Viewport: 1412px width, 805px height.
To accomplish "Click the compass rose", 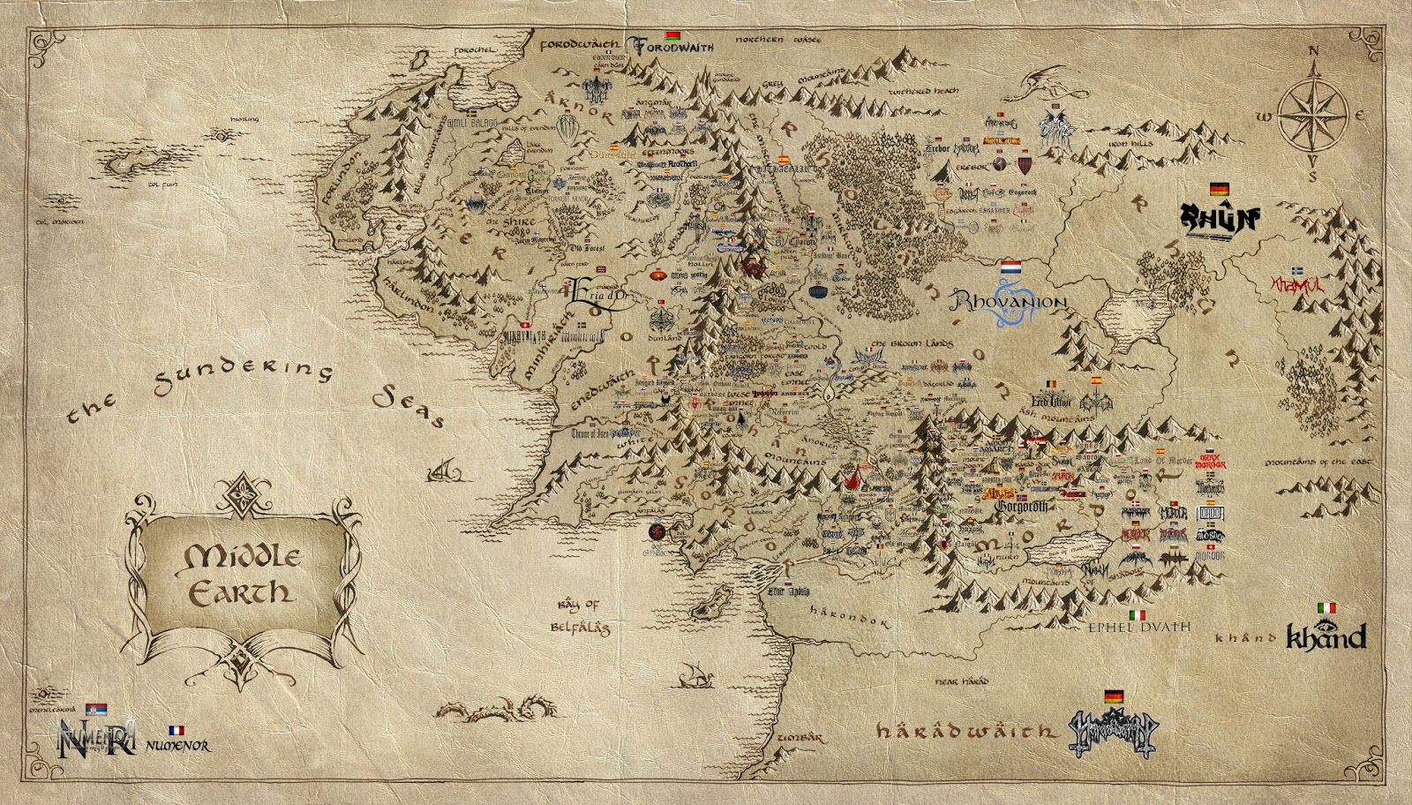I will click(1313, 116).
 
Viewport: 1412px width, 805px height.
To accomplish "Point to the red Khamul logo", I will click(1297, 285).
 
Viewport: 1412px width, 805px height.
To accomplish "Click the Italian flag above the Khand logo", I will click(1326, 608).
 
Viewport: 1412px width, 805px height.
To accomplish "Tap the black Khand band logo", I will click(1326, 636).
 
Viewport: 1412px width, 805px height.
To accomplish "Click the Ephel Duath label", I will click(1138, 628).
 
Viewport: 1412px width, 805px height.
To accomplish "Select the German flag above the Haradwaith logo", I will click(1114, 696).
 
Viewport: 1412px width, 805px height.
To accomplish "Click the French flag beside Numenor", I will click(176, 731).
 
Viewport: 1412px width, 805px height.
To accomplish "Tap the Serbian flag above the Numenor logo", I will click(96, 710).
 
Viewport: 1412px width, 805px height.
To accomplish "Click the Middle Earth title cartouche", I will click(239, 574).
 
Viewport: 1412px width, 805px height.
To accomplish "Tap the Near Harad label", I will click(961, 681).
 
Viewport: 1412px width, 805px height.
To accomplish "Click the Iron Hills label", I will click(1130, 144).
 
